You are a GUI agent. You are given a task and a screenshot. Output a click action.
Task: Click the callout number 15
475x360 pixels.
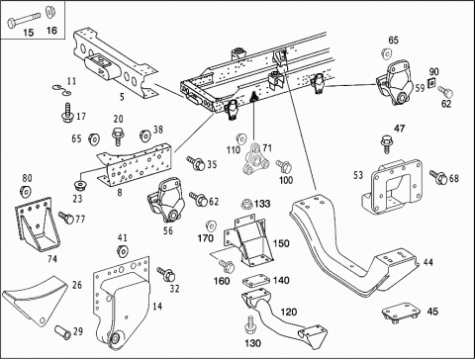click(x=29, y=33)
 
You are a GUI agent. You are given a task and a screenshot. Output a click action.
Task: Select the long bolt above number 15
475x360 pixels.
click(x=23, y=20)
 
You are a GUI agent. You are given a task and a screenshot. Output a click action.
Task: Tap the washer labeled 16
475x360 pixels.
click(x=50, y=13)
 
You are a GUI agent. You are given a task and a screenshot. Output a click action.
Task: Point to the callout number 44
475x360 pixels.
click(x=428, y=262)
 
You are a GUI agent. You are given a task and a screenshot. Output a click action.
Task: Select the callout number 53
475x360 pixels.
click(x=358, y=175)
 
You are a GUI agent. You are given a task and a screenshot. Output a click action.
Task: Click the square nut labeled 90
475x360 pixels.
click(x=431, y=83)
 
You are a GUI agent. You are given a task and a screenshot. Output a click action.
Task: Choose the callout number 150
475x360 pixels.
click(x=281, y=243)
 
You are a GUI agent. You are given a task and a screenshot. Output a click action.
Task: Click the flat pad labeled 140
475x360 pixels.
click(x=257, y=282)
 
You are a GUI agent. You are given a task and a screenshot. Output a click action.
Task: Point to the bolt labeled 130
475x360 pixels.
click(x=250, y=325)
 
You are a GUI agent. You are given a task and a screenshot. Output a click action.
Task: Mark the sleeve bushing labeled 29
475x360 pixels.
click(x=62, y=332)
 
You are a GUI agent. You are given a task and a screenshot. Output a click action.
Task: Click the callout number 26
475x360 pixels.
click(x=77, y=285)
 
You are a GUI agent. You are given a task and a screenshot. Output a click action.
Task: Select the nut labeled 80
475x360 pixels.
click(x=25, y=191)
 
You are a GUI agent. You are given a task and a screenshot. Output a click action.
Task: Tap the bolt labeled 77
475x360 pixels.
click(x=66, y=218)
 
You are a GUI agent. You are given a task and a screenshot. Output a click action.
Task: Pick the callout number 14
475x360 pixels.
click(x=157, y=307)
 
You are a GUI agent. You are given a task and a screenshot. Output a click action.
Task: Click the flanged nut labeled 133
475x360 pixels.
click(x=246, y=204)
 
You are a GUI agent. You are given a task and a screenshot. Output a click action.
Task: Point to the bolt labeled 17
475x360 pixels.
click(x=67, y=113)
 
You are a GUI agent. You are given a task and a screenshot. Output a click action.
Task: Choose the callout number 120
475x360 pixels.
click(x=289, y=312)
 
